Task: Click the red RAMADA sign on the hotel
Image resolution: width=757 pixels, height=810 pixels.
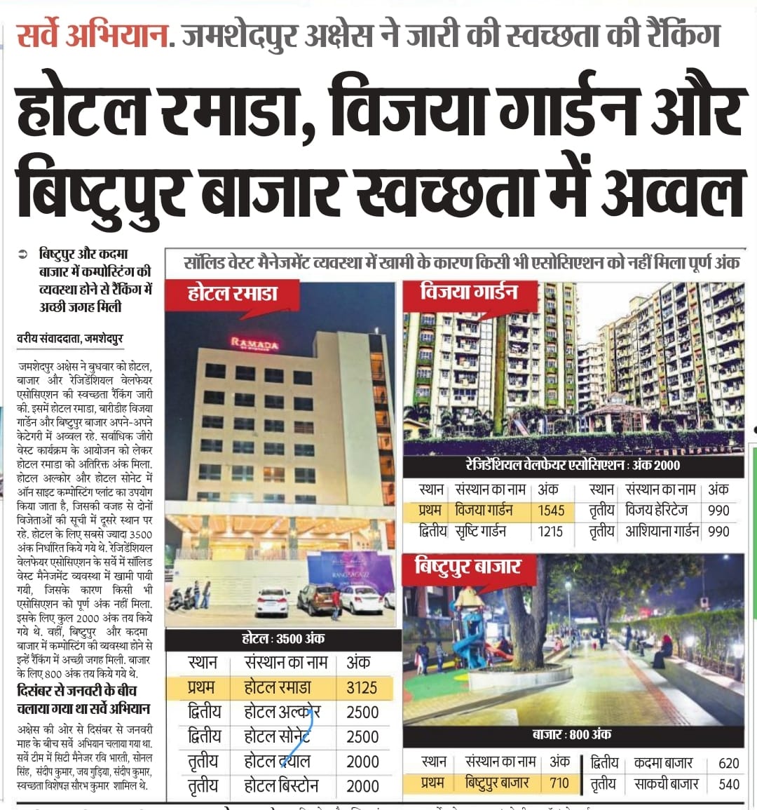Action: [254, 344]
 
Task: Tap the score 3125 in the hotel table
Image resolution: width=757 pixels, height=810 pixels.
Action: [362, 687]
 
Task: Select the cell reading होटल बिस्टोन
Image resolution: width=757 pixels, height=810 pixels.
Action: [281, 786]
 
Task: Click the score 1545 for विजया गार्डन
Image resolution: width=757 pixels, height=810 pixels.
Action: [551, 511]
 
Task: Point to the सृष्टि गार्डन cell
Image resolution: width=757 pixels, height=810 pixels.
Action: [481, 532]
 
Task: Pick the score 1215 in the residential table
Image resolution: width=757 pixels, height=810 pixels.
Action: [550, 532]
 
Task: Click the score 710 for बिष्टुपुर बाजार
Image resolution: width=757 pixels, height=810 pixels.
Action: [559, 783]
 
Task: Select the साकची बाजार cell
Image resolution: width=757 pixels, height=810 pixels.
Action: [666, 784]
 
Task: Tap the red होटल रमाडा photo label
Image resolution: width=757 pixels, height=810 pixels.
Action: [233, 294]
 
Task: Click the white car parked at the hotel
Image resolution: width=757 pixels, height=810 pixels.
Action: [272, 601]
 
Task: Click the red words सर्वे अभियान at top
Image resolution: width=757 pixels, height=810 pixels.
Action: [93, 35]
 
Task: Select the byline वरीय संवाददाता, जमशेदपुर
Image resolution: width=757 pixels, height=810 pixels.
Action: [70, 339]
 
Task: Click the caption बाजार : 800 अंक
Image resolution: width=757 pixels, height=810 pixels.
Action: [571, 734]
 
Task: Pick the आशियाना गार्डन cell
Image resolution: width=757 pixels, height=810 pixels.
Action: [662, 532]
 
